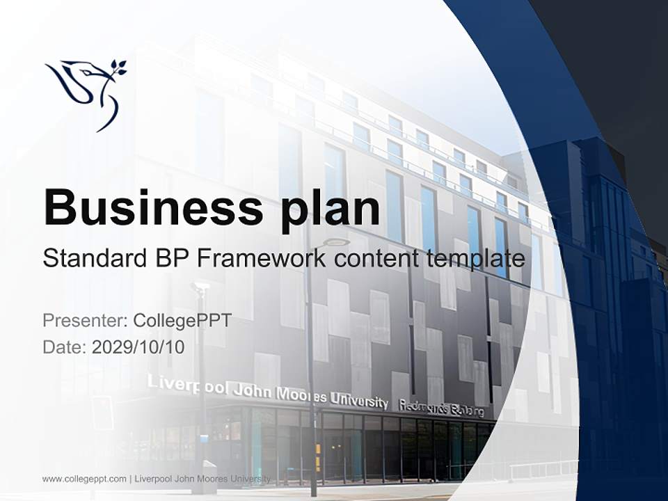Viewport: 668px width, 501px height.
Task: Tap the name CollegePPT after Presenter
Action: (x=182, y=321)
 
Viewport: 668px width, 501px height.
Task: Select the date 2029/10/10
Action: (x=138, y=347)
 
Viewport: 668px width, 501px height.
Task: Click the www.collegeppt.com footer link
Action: (x=84, y=479)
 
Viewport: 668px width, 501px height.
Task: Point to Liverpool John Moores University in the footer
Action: (x=202, y=479)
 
